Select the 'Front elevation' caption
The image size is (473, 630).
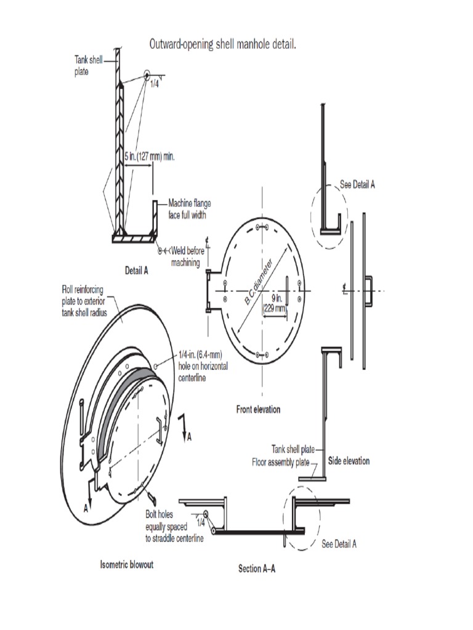(258, 409)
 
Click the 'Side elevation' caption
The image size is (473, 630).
(349, 460)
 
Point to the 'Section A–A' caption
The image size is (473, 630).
(257, 568)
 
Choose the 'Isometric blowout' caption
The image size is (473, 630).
(127, 565)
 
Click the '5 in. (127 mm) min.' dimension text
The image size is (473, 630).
(150, 156)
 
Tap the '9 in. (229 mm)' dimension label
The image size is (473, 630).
(275, 305)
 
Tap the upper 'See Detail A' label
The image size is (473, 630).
(357, 184)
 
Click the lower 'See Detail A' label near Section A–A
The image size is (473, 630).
(339, 544)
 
